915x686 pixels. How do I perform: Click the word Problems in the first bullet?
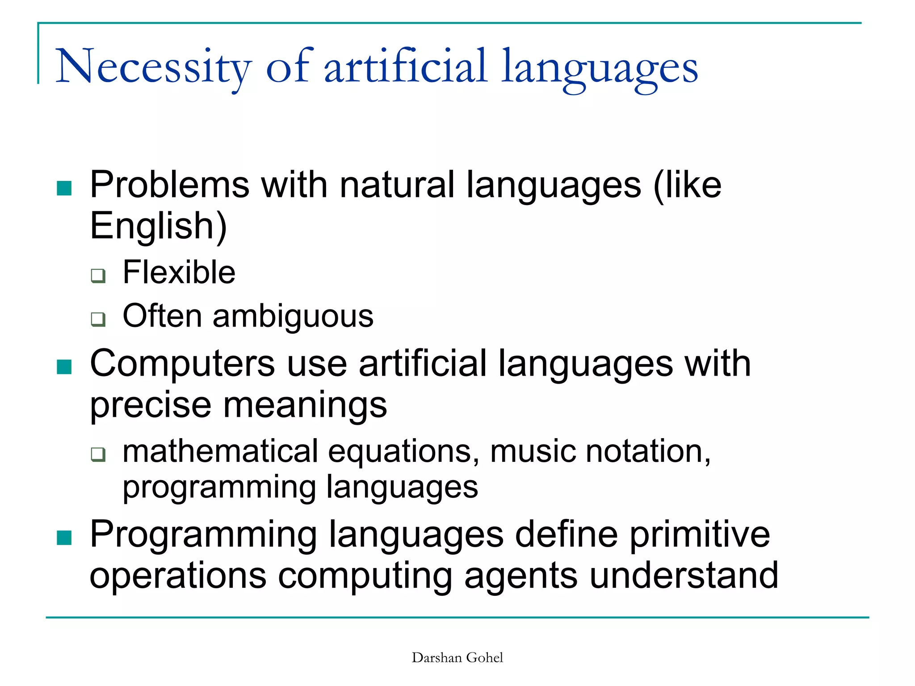pyautogui.click(x=169, y=185)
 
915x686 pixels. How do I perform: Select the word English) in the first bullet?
pyautogui.click(x=159, y=226)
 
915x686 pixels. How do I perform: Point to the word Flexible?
pyautogui.click(x=179, y=272)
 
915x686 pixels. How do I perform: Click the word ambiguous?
pyautogui.click(x=293, y=316)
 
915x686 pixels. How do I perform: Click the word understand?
pyautogui.click(x=684, y=576)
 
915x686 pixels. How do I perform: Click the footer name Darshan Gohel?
pyautogui.click(x=457, y=658)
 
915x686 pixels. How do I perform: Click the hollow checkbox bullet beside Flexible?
pyautogui.click(x=98, y=276)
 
